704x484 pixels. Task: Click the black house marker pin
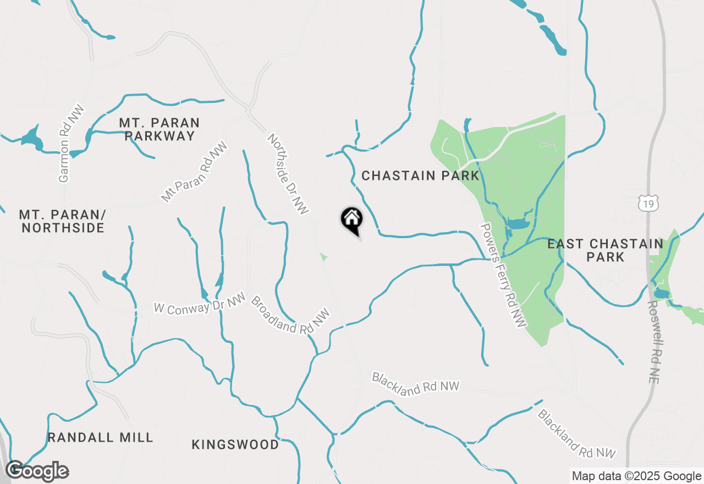tap(352, 221)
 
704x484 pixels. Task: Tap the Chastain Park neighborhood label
tap(421, 176)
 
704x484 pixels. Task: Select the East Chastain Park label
tap(605, 250)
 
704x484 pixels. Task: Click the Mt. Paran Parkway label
tap(159, 129)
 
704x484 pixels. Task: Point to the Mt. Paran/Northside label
tap(62, 221)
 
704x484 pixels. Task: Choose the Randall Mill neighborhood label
tap(100, 438)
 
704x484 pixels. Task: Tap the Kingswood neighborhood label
tap(235, 444)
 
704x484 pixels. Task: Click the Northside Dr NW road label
tap(288, 173)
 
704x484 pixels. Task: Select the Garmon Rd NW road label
tap(65, 143)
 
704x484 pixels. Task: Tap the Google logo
tap(37, 471)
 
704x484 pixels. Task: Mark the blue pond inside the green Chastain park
tap(517, 224)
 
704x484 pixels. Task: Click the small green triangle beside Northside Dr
tap(323, 256)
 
